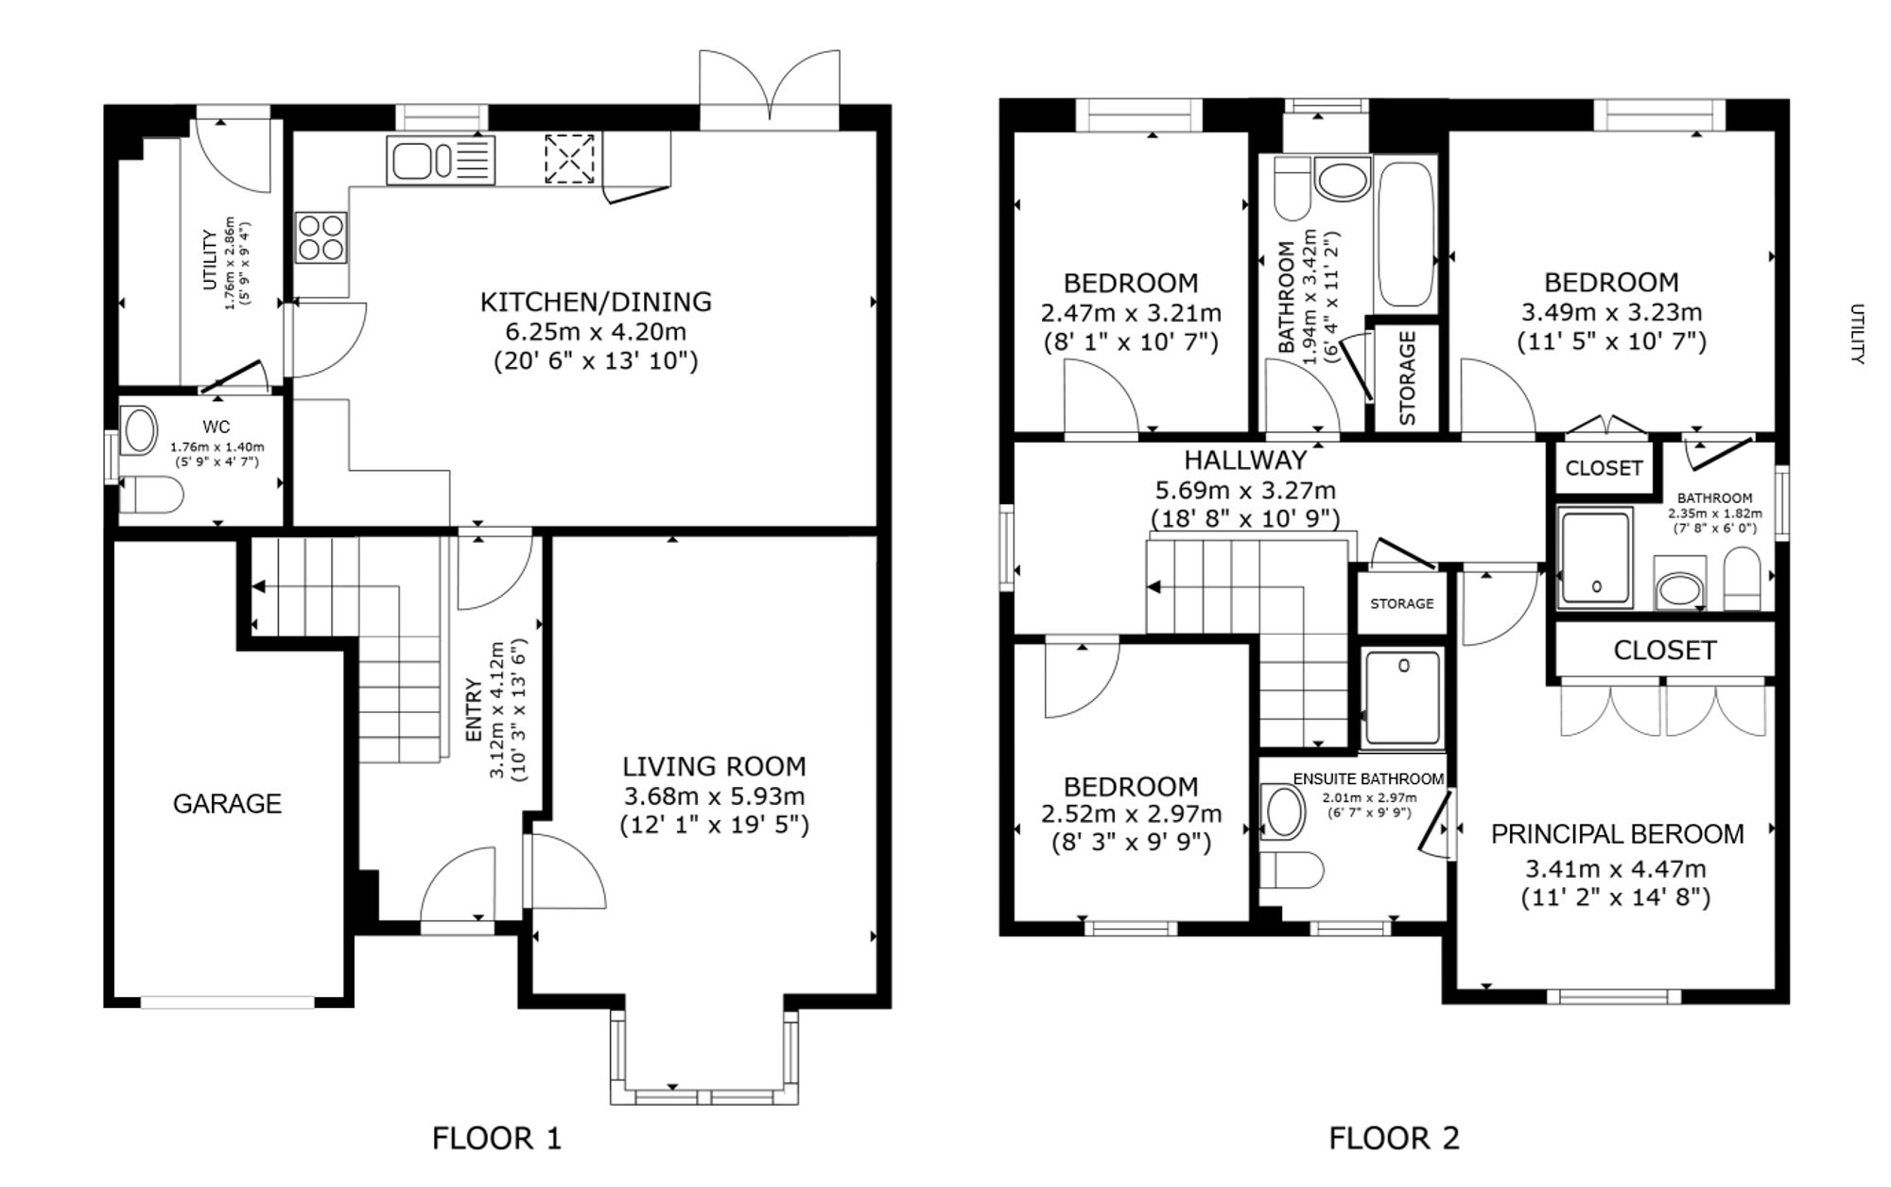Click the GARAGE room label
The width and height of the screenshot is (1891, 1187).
[227, 803]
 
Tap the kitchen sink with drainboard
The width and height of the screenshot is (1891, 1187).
[441, 160]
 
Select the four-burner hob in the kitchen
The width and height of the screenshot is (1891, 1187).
[321, 236]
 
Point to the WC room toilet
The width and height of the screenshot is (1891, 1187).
[150, 495]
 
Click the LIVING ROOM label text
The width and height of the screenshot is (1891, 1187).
[714, 766]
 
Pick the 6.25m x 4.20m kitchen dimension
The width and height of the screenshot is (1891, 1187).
[596, 332]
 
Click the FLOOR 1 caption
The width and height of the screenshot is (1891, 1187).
[496, 1137]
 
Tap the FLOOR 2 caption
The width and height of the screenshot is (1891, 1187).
[1394, 1137]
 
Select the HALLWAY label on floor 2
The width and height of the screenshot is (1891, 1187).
[1245, 460]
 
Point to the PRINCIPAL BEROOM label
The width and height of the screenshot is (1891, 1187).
[1617, 833]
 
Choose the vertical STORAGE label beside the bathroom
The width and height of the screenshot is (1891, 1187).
[1406, 377]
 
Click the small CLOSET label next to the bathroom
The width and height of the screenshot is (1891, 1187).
[1604, 468]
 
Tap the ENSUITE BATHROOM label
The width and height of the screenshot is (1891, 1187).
[1368, 779]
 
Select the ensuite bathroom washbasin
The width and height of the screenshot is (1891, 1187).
[1283, 812]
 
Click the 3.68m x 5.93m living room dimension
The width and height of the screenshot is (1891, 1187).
[714, 795]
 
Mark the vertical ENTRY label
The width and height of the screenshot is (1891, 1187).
[474, 709]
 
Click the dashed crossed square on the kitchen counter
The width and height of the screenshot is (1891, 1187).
[571, 158]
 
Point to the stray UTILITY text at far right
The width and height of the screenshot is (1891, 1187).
[1856, 334]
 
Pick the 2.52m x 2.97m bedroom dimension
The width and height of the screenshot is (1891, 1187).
[1131, 813]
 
